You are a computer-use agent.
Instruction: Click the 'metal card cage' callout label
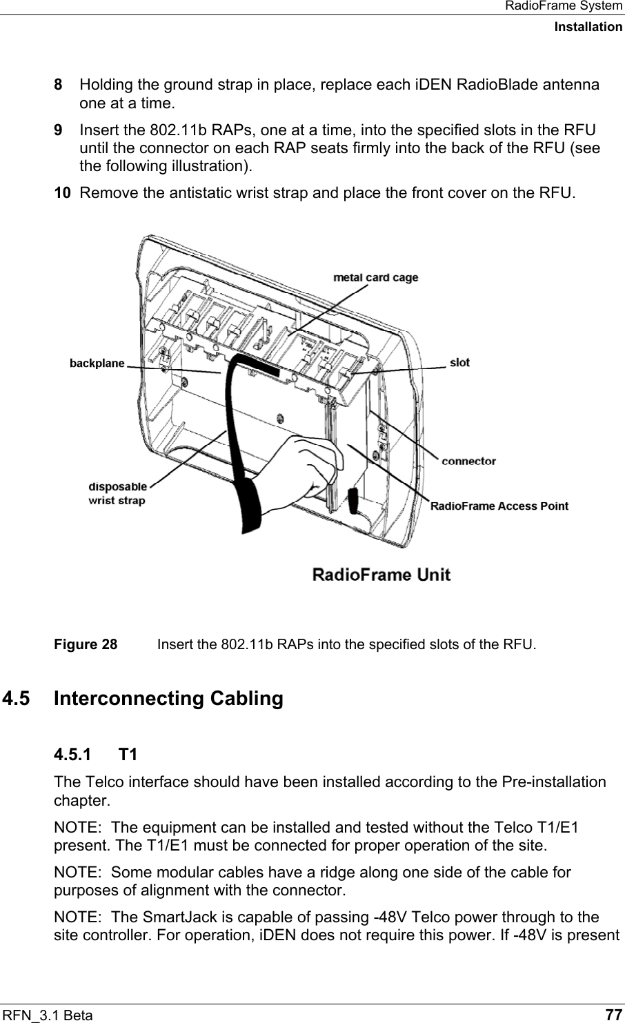(376, 278)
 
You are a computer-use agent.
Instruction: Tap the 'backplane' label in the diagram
(97, 363)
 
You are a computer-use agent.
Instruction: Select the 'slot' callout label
(459, 362)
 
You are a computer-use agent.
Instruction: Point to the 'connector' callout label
(468, 461)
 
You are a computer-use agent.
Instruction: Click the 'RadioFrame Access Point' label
(499, 506)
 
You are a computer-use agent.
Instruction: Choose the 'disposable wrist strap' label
(117, 493)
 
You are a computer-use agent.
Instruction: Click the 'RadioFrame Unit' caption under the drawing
(382, 574)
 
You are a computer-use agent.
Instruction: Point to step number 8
(59, 86)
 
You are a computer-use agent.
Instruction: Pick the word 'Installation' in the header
(588, 27)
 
